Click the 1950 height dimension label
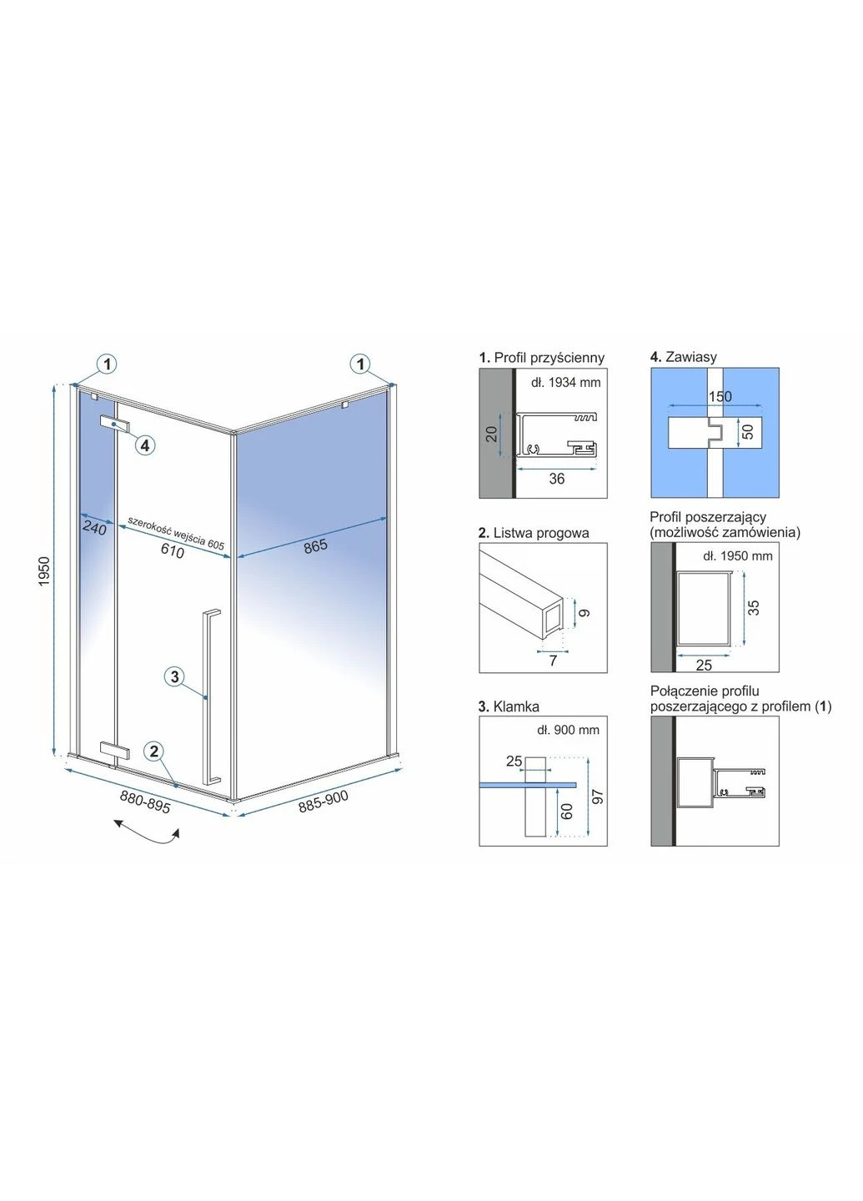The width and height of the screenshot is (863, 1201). click(44, 571)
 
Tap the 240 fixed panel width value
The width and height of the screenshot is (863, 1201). click(95, 530)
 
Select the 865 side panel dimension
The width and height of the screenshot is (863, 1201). click(315, 546)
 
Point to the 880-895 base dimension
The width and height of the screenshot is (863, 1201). click(145, 802)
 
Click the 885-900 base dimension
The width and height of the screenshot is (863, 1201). click(324, 801)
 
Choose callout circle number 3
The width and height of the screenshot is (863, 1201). click(175, 676)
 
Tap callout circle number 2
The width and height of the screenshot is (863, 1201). click(154, 751)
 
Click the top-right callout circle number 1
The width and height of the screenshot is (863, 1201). click(361, 364)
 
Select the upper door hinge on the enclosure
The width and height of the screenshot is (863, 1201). click(115, 423)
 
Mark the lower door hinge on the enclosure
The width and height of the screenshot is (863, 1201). click(115, 751)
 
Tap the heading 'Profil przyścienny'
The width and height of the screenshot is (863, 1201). click(549, 358)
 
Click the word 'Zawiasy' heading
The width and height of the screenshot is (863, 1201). click(691, 357)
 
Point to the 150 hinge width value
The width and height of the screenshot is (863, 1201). click(720, 396)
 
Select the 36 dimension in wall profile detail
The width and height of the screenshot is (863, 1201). click(557, 479)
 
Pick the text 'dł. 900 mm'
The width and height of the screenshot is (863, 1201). click(568, 730)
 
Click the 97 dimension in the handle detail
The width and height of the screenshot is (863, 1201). click(600, 796)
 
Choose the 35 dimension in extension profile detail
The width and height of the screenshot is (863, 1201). click(753, 607)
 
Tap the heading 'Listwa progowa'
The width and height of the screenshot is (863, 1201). click(541, 533)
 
